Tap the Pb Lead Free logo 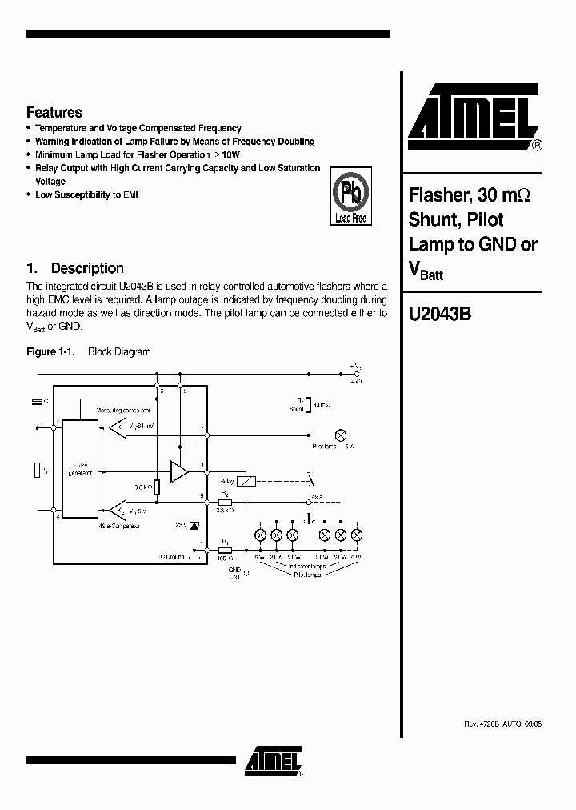pyautogui.click(x=351, y=196)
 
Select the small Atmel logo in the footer pyautogui.click(x=274, y=760)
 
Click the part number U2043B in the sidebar pyautogui.click(x=439, y=315)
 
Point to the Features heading pyautogui.click(x=54, y=113)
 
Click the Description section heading pyautogui.click(x=75, y=268)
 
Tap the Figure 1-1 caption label pyautogui.click(x=51, y=351)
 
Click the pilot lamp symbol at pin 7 pyautogui.click(x=341, y=435)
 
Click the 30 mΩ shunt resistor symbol pyautogui.click(x=307, y=405)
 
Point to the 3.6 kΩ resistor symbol pyautogui.click(x=157, y=487)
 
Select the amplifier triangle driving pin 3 pyautogui.click(x=178, y=472)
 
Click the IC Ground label pyautogui.click(x=172, y=557)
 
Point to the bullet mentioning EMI pyautogui.click(x=86, y=194)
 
